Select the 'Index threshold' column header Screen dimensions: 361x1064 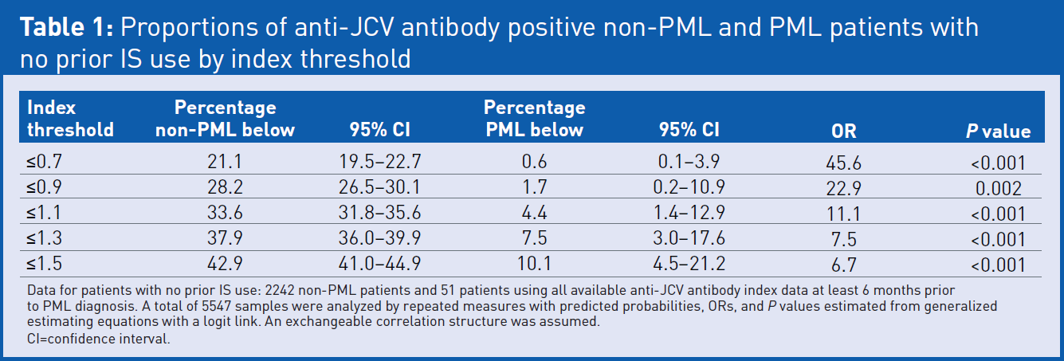70,118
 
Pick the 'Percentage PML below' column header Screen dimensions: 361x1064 534,118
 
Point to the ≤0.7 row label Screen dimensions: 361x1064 45,163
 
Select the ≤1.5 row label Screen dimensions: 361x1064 45,263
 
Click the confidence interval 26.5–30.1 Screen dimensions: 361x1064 379,188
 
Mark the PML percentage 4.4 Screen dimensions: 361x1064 534,213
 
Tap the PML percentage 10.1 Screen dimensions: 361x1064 534,263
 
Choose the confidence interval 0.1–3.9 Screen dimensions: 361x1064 689,163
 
